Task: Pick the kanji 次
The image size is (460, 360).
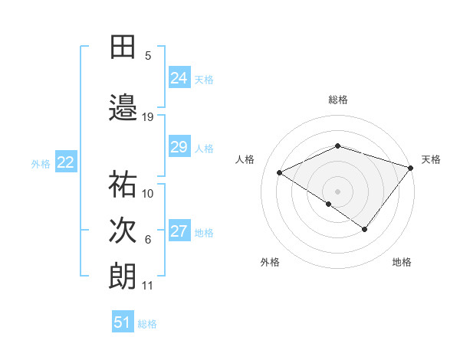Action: click(x=123, y=231)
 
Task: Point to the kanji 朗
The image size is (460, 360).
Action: click(x=123, y=276)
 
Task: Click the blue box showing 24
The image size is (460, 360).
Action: click(x=179, y=78)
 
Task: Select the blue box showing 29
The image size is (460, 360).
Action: click(x=179, y=147)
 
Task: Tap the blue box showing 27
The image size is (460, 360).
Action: click(x=179, y=231)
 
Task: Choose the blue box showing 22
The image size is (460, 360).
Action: click(x=66, y=162)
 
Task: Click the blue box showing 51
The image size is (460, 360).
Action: click(x=122, y=322)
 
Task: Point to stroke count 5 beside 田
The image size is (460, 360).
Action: click(x=148, y=56)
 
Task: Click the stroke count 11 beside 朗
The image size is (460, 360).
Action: click(x=148, y=286)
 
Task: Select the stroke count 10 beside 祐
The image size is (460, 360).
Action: click(x=148, y=193)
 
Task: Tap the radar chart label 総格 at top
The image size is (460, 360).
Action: click(x=337, y=100)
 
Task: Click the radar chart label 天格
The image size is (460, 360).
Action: click(x=432, y=159)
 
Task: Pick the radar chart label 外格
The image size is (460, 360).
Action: click(x=270, y=262)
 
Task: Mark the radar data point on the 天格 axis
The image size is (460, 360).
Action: click(x=411, y=167)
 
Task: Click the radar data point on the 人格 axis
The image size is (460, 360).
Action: click(x=280, y=173)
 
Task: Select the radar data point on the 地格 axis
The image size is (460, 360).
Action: click(x=365, y=229)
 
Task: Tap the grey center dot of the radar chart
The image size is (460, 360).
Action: click(x=337, y=191)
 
